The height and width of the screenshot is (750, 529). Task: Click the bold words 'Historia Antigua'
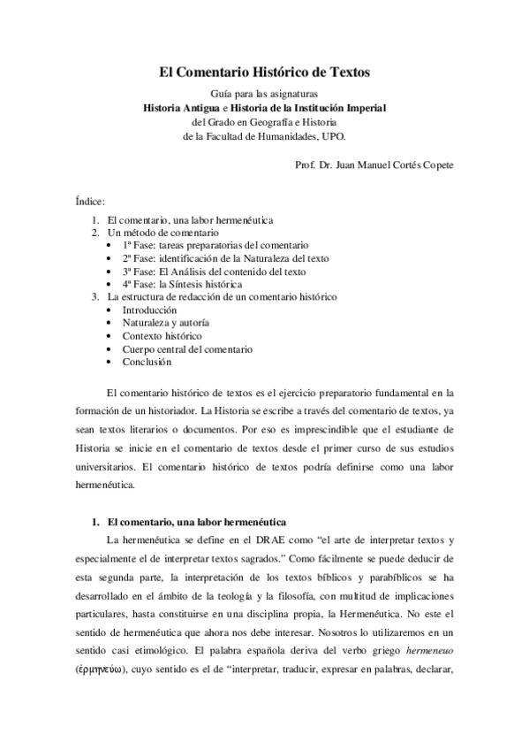click(188, 108)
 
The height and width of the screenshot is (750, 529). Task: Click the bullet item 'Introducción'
click(149, 310)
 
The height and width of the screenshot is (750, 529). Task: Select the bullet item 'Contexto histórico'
click(162, 336)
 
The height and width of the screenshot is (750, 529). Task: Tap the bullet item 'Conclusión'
click(147, 362)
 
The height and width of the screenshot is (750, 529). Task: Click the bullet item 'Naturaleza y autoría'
click(166, 324)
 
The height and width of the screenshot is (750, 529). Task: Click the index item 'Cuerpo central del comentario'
click(187, 349)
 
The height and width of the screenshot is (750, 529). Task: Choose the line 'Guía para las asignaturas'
click(264, 93)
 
